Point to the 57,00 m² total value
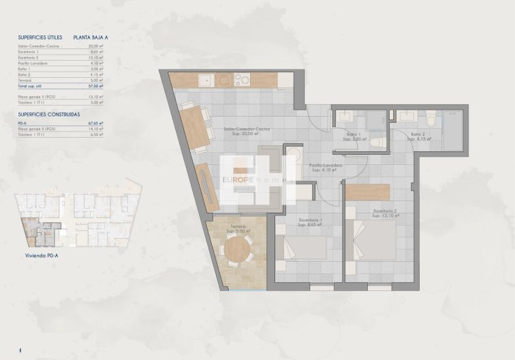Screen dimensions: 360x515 point(97,87)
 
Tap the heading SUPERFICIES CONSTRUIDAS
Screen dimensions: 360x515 point(49,114)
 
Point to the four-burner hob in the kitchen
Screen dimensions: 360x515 point(242,80)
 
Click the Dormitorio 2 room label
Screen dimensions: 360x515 point(386,213)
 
